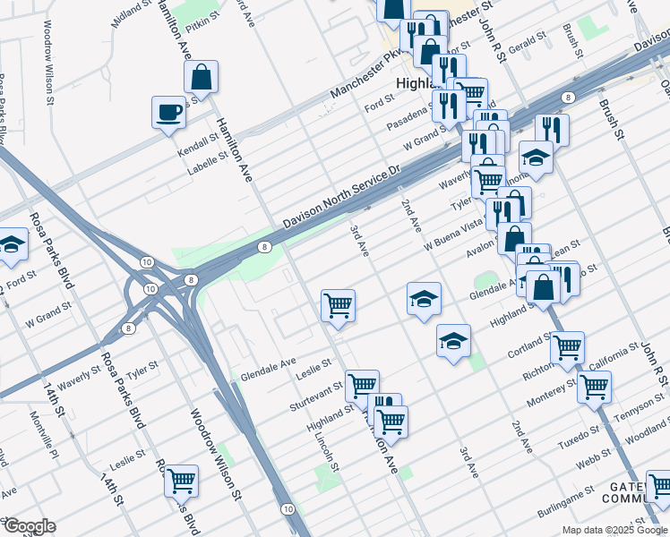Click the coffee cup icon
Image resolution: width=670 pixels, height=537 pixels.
click(x=167, y=113)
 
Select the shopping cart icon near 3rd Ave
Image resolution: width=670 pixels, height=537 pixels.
click(x=339, y=305)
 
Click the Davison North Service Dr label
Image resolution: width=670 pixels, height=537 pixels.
click(x=339, y=196)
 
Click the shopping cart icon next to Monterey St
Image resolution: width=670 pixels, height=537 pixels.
click(x=595, y=388)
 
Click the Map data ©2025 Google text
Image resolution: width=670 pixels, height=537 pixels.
click(x=614, y=530)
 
